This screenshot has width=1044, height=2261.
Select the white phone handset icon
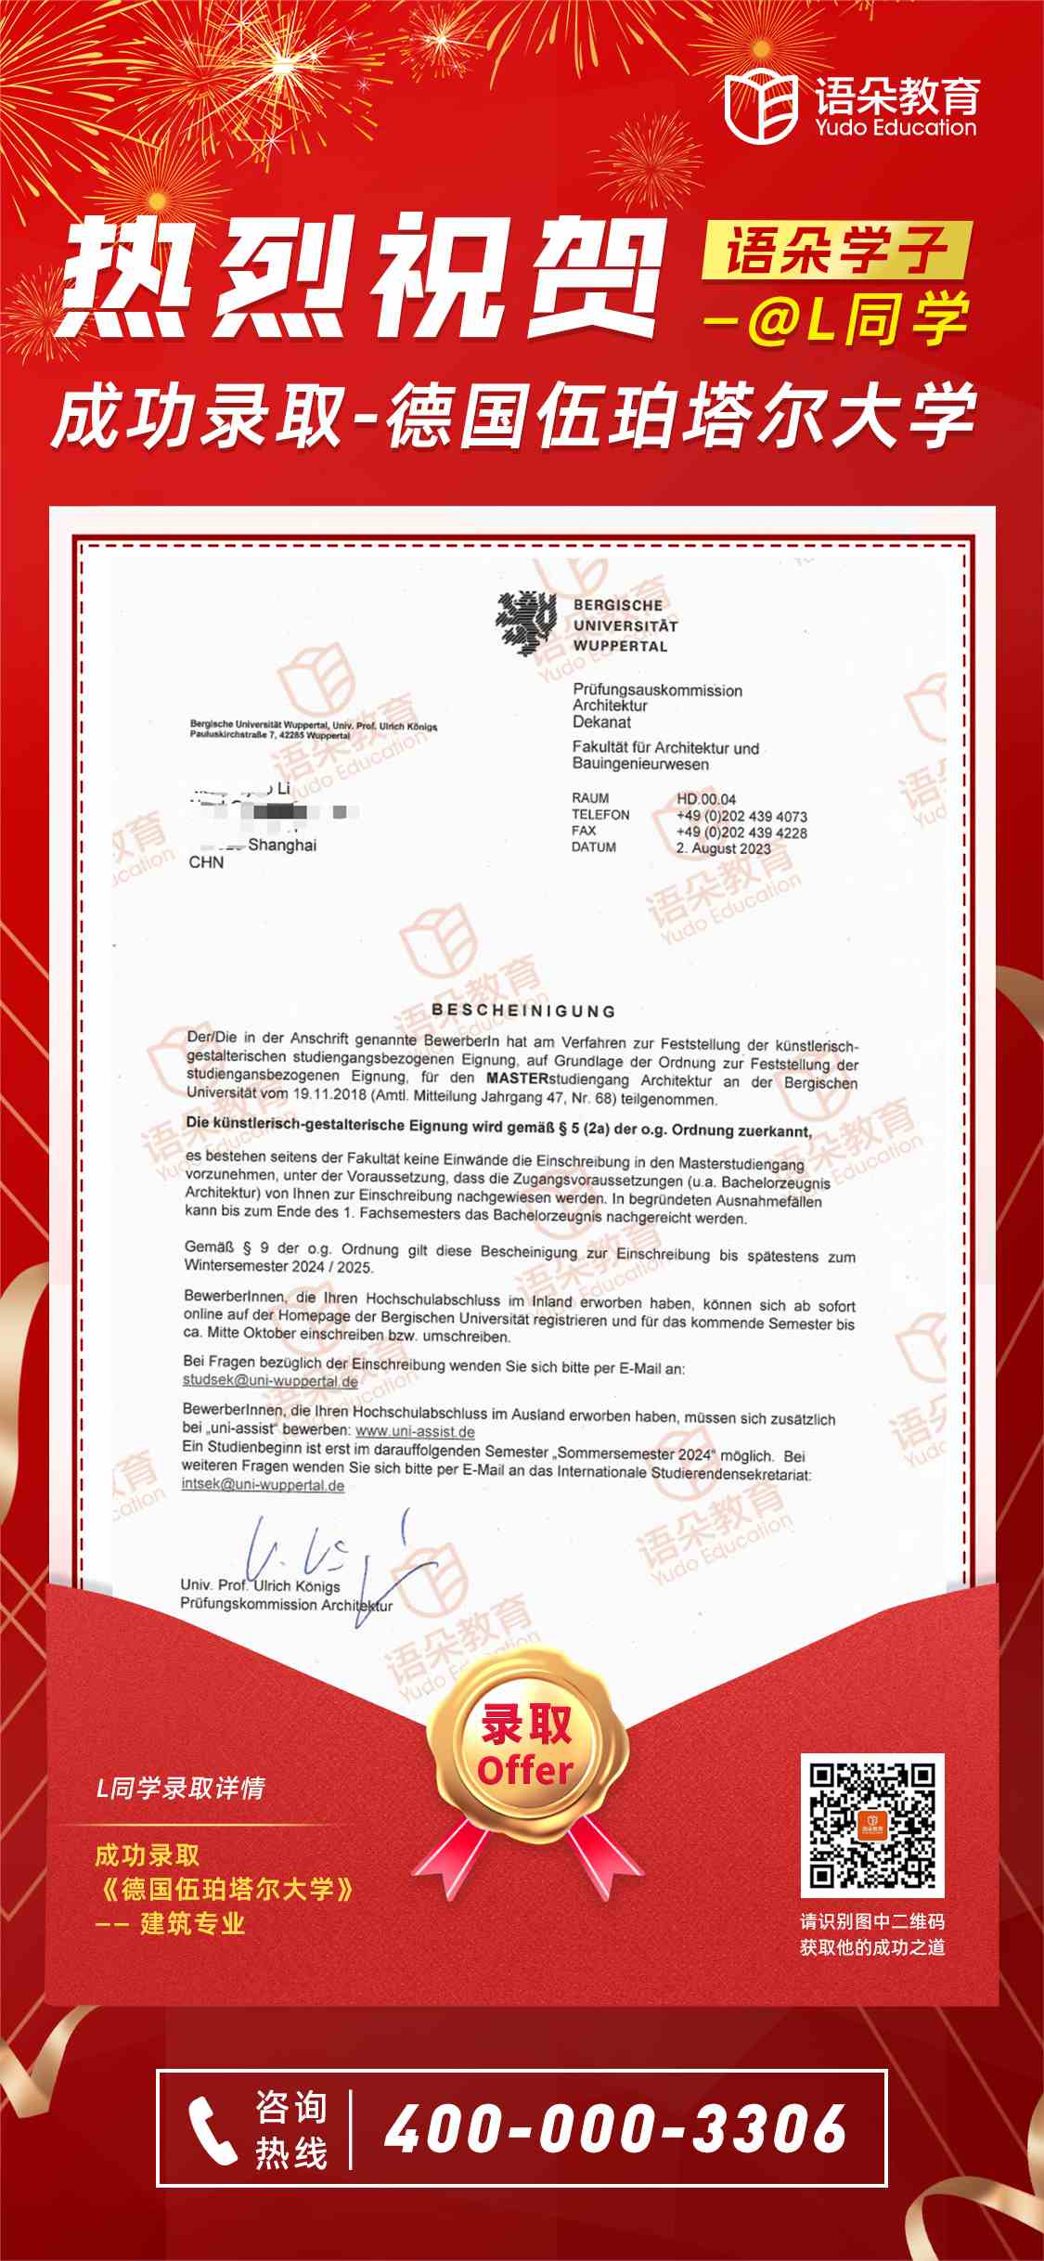click(213, 2129)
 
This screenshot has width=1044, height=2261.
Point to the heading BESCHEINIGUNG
click(523, 1010)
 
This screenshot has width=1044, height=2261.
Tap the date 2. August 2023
click(723, 848)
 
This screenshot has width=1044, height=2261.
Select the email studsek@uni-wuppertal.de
click(270, 1381)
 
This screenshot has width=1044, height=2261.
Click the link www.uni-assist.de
click(415, 1431)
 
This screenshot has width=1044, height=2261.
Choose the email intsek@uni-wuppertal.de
click(263, 1485)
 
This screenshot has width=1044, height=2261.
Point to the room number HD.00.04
click(705, 799)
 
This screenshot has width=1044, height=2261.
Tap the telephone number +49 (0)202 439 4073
click(741, 817)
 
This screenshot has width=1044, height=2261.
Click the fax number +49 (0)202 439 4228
click(741, 833)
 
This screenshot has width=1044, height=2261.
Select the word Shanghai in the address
click(282, 846)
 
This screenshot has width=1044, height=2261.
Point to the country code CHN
click(206, 862)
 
